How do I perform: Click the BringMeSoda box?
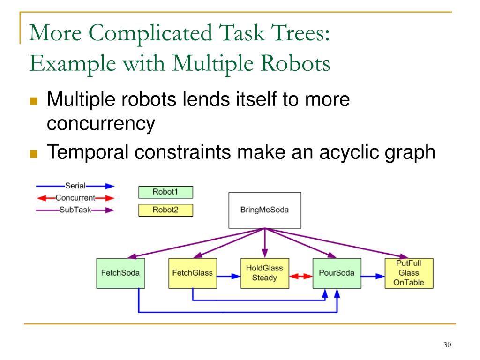tap(264, 210)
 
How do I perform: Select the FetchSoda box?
tap(120, 273)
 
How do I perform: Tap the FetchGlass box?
tap(192, 273)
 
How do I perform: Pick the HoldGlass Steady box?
tap(264, 273)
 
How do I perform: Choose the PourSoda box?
tap(337, 273)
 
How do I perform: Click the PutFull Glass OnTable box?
tap(409, 273)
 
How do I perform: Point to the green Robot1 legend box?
tap(165, 192)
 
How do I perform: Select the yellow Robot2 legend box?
tap(165, 210)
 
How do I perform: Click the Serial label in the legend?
tap(75, 186)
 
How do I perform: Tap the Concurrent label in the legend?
tap(75, 198)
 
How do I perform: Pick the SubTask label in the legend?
tap(75, 210)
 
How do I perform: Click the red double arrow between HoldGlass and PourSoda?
tap(300, 277)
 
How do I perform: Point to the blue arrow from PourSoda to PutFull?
tap(373, 277)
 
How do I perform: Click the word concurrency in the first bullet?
tap(101, 123)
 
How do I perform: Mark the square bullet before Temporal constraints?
tap(33, 153)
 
